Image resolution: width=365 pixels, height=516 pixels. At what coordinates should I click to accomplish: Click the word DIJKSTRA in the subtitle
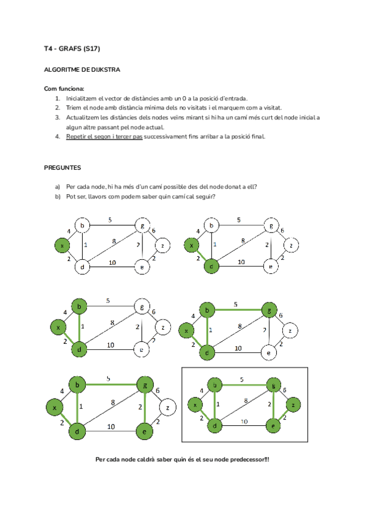click(106, 69)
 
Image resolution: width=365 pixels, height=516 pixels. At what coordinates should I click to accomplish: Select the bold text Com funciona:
click(64, 88)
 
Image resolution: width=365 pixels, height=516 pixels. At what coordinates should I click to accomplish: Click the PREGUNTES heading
click(63, 167)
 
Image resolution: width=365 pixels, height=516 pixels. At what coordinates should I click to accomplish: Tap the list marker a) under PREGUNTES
click(58, 187)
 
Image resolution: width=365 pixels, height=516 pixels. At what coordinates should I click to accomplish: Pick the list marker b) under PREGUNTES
click(58, 197)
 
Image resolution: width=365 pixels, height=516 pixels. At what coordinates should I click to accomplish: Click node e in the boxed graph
click(274, 426)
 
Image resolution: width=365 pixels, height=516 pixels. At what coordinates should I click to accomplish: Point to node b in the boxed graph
click(214, 385)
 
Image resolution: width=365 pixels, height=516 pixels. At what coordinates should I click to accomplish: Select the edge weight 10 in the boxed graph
click(243, 421)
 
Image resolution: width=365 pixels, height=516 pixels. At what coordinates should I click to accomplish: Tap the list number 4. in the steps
click(58, 136)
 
